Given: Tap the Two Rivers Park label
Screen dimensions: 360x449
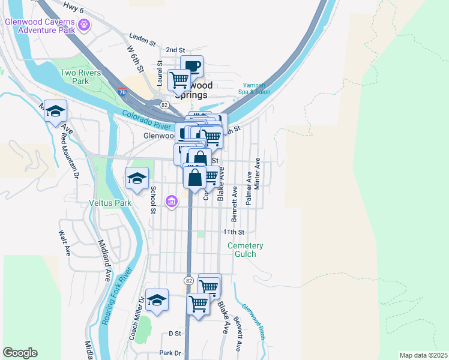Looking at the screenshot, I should [80, 76].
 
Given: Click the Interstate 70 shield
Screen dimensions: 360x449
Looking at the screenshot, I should [122, 93].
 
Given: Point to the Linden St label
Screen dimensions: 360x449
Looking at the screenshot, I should [142, 44].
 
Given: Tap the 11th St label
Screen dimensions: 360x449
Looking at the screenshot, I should [234, 232].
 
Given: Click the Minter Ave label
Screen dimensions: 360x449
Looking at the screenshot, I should [257, 174].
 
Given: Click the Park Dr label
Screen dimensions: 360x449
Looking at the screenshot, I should [170, 353].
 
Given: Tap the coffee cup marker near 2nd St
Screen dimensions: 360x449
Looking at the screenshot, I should [191, 66].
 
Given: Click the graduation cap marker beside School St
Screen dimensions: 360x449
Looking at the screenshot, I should [137, 178].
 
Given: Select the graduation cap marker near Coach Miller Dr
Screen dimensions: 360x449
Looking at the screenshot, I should [157, 299].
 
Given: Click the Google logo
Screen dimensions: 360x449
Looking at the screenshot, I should [20, 353].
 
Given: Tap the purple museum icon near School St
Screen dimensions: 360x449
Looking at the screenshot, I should [172, 200].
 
